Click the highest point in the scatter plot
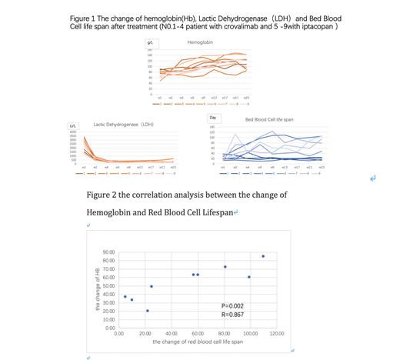click(x=263, y=256)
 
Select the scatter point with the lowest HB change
click(x=148, y=311)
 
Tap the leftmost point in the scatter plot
click(x=125, y=296)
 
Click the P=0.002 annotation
click(x=232, y=305)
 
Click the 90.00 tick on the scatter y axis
click(x=109, y=252)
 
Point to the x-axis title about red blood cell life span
click(x=198, y=341)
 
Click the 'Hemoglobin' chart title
click(x=200, y=42)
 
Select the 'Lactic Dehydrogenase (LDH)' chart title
click(x=123, y=123)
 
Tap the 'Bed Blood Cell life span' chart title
click(x=269, y=119)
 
